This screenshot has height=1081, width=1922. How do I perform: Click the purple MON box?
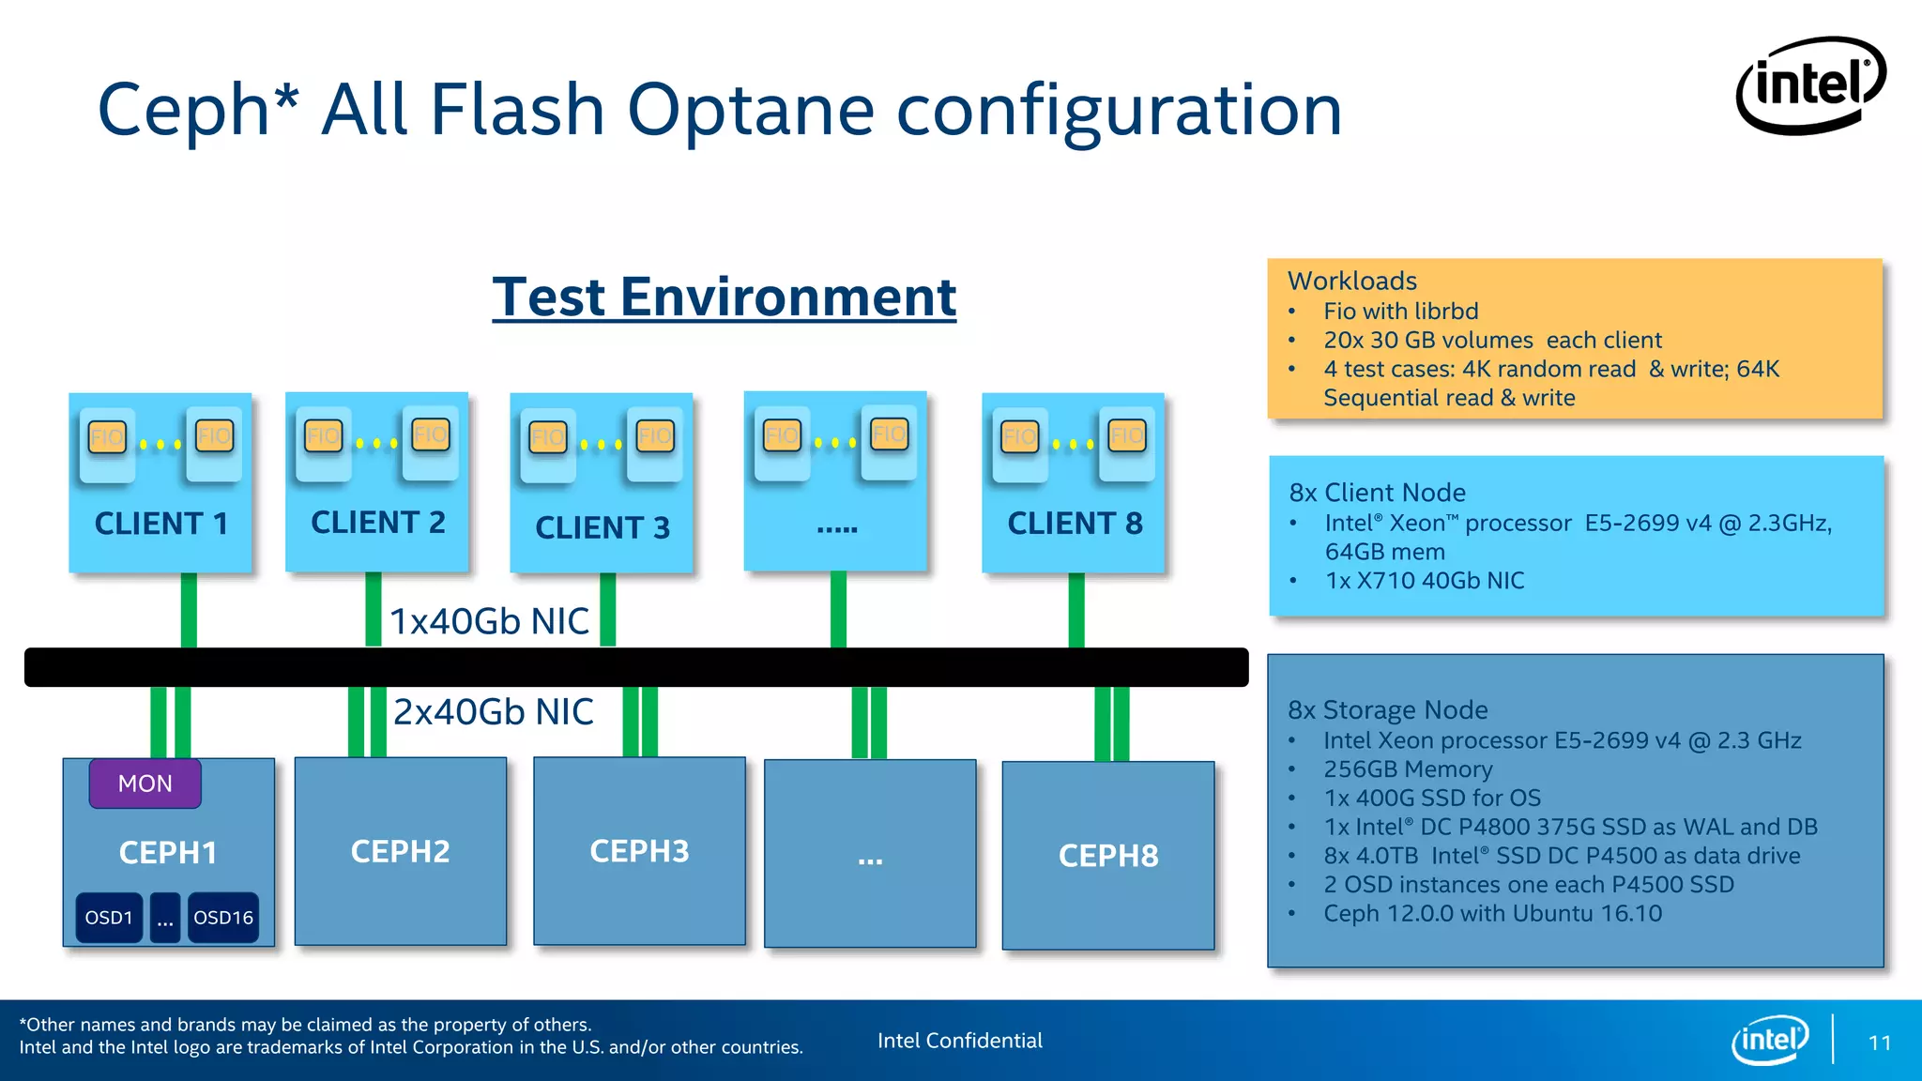click(145, 784)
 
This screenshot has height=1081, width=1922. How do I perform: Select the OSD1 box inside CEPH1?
click(109, 918)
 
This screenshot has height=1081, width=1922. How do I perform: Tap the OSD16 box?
click(223, 918)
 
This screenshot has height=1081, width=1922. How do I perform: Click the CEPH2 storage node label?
click(400, 852)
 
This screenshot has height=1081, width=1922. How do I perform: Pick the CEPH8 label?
click(1108, 856)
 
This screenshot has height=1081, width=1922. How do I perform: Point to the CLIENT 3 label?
click(603, 528)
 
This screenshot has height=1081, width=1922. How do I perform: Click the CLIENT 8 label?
click(1075, 524)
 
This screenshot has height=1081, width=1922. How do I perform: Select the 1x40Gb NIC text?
click(489, 621)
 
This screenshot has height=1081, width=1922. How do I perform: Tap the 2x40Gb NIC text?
click(493, 712)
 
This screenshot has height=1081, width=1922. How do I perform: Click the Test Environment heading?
click(724, 297)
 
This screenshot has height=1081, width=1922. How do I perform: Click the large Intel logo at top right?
click(1810, 85)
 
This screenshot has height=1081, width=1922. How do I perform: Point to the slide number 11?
click(1879, 1043)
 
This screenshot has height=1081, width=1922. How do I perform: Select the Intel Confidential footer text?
click(959, 1041)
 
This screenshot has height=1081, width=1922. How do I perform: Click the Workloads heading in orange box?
click(1351, 281)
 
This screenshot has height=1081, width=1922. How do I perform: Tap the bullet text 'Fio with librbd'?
click(1400, 311)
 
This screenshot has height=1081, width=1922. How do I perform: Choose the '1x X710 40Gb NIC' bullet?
click(1424, 581)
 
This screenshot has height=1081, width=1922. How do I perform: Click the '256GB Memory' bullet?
click(1407, 769)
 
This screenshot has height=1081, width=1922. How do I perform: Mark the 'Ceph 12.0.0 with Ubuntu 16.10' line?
click(1492, 914)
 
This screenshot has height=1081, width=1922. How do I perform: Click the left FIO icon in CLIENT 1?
click(107, 437)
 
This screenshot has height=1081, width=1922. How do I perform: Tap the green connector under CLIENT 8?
click(1076, 610)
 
